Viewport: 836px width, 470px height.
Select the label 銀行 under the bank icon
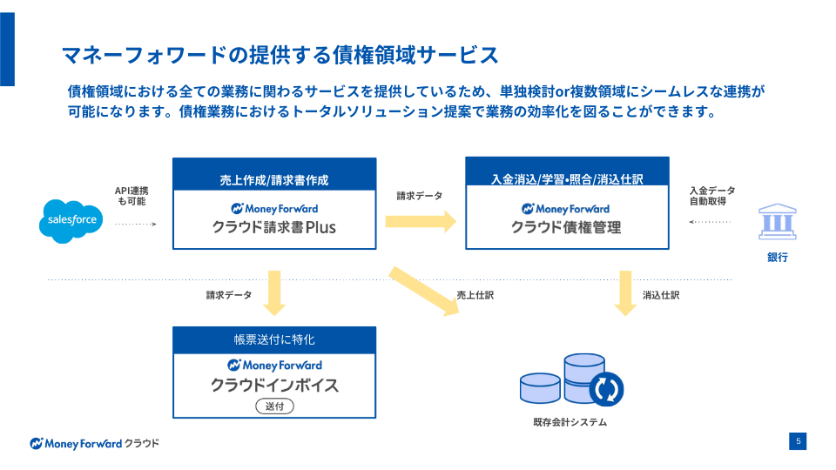[777, 258]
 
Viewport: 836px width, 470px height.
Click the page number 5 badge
[798, 441]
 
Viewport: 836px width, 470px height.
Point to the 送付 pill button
[274, 406]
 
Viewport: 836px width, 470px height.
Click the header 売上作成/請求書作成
[274, 180]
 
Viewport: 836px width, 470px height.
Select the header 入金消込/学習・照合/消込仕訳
[567, 180]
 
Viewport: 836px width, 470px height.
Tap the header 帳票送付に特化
[274, 339]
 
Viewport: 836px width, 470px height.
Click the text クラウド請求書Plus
[274, 228]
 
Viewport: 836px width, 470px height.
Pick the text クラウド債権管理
[566, 228]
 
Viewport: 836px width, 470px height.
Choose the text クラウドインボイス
[274, 385]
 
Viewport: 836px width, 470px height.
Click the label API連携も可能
[131, 196]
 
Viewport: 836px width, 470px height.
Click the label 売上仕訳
[475, 295]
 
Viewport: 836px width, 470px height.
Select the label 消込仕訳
[661, 295]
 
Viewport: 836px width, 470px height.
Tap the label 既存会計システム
[570, 423]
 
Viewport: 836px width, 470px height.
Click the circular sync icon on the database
[606, 388]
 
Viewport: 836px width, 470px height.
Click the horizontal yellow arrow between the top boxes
[421, 220]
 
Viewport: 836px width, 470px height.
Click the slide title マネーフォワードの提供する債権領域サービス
[280, 55]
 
